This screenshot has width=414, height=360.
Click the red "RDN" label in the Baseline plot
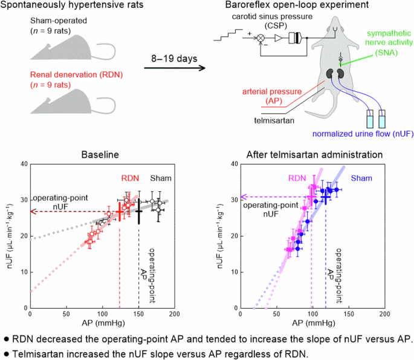(130, 177)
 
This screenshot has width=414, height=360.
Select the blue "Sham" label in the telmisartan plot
(361, 177)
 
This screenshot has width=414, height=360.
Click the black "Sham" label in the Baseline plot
(160, 177)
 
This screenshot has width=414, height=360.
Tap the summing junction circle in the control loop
(261, 38)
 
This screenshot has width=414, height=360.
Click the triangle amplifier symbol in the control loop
(278, 38)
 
